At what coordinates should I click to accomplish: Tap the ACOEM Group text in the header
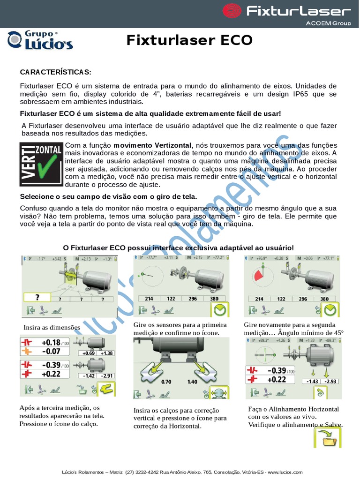click(328, 22)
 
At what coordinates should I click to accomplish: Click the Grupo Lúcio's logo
click(40, 40)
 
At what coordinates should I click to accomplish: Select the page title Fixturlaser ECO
click(189, 41)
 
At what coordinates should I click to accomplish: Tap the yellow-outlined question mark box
click(37, 298)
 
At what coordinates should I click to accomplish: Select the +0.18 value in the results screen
click(51, 343)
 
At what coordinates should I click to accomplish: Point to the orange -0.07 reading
click(51, 351)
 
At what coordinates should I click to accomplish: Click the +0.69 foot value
click(89, 353)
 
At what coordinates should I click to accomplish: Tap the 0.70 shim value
click(166, 382)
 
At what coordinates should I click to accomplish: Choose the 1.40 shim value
click(192, 382)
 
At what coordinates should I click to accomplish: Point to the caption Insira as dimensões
click(52, 327)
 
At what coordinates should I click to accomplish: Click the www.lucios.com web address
click(285, 472)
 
